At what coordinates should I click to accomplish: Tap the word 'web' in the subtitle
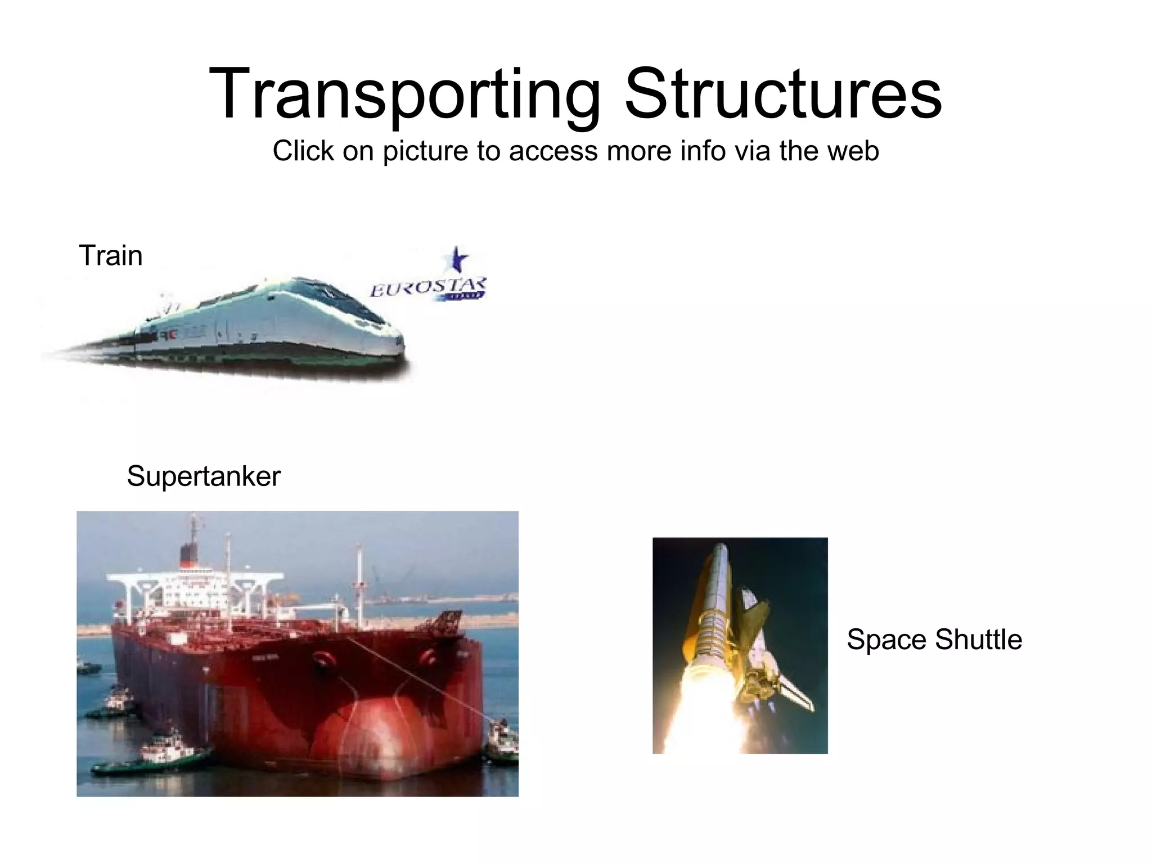(850, 151)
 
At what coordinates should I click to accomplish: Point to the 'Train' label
(111, 255)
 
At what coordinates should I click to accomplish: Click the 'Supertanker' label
(203, 476)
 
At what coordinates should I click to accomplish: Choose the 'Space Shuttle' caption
(934, 640)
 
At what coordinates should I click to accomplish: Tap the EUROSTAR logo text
(426, 288)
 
